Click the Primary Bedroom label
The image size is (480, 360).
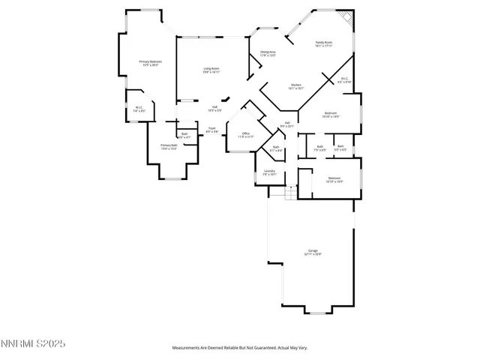click(150, 62)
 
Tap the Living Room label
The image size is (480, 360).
click(211, 70)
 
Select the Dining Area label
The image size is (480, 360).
click(268, 53)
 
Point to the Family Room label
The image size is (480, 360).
click(324, 44)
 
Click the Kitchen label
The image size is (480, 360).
click(295, 87)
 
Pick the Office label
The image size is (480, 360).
click(245, 135)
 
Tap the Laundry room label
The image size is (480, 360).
click(269, 172)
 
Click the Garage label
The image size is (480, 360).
click(313, 252)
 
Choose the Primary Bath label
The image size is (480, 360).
click(169, 146)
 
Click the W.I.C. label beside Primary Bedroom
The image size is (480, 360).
click(139, 109)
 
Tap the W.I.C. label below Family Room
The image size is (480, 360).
click(344, 79)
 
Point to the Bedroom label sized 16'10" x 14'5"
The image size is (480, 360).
click(331, 115)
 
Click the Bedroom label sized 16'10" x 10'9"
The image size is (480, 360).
click(334, 179)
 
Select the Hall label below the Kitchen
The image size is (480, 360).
click(287, 124)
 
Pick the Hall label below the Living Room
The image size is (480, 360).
click(214, 108)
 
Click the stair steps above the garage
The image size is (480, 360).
click(279, 193)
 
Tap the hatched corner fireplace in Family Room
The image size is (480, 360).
click(345, 16)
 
